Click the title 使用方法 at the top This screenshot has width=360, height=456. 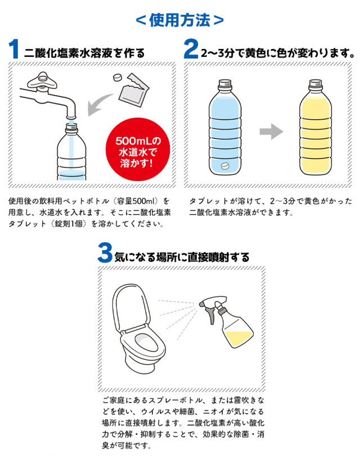179,20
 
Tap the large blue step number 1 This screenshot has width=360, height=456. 13,49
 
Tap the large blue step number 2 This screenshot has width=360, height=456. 191,49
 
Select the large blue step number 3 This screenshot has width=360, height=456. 105,253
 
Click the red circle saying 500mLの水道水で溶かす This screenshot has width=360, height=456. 138,149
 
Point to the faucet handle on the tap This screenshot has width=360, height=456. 42,80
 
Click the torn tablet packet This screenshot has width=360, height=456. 134,90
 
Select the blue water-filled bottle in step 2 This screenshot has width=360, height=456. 225,128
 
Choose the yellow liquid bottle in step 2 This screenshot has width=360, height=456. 316,128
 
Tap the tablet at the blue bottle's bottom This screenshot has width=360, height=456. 225,166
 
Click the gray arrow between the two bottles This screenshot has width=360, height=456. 271,132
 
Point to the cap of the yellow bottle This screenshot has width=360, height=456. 316,83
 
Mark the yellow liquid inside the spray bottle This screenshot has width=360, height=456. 238,339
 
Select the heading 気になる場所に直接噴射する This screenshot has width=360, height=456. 182,257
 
